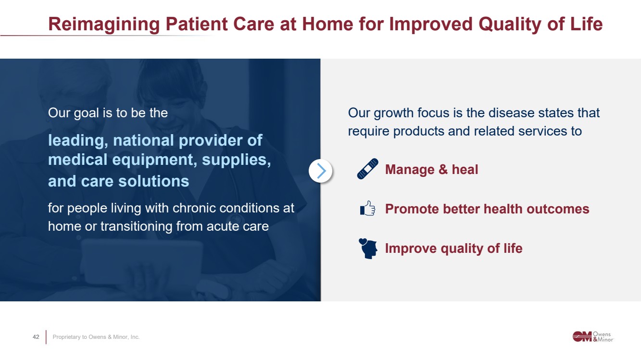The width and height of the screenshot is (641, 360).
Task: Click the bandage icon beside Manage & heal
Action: [368, 169]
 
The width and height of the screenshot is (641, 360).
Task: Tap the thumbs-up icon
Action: [368, 208]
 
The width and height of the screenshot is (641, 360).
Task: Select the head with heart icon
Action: [368, 248]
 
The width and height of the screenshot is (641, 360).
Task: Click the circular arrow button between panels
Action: [320, 171]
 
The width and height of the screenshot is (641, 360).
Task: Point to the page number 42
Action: [36, 337]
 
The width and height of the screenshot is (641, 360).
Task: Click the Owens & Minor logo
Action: [593, 336]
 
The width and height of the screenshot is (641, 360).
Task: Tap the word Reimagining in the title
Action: [104, 24]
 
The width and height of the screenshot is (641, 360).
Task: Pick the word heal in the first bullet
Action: [465, 169]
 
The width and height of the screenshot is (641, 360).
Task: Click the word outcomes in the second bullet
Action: [558, 209]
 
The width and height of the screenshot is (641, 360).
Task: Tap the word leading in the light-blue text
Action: [78, 141]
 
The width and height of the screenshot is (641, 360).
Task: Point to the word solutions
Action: [154, 181]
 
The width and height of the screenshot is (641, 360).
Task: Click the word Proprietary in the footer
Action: [66, 337]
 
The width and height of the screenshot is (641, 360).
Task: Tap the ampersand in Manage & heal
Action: [443, 169]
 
